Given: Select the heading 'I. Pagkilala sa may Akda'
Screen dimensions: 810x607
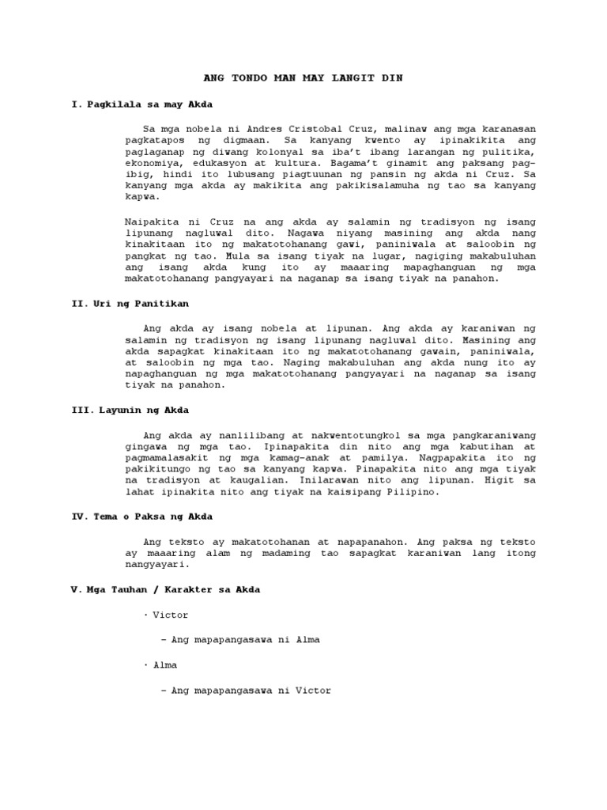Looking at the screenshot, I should point(141,104).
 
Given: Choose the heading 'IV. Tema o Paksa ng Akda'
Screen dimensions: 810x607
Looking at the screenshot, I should point(142,517).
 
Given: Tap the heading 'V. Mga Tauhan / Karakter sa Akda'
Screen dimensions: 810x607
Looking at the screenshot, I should point(165,589).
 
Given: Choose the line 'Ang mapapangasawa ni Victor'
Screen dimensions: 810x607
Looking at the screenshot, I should point(245,690).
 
